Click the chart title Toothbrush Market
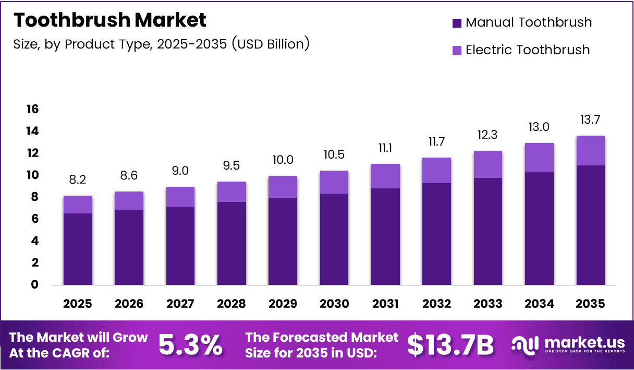pos(110,20)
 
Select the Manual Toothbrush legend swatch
pos(457,23)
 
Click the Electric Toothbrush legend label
pos(527,50)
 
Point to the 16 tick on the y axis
pos(32,109)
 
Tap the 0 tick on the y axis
pos(35,285)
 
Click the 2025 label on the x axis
pos(78,304)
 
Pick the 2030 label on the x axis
pos(334,304)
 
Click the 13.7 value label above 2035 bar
pos(590,120)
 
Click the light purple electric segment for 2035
pos(590,150)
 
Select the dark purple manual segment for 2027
pos(180,246)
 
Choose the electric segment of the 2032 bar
pos(436,170)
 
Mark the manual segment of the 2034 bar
pos(539,228)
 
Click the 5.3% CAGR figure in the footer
pos(190,345)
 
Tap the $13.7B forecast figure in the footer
pos(450,345)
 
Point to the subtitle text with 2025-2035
pos(162,44)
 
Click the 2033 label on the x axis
pos(487,304)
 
